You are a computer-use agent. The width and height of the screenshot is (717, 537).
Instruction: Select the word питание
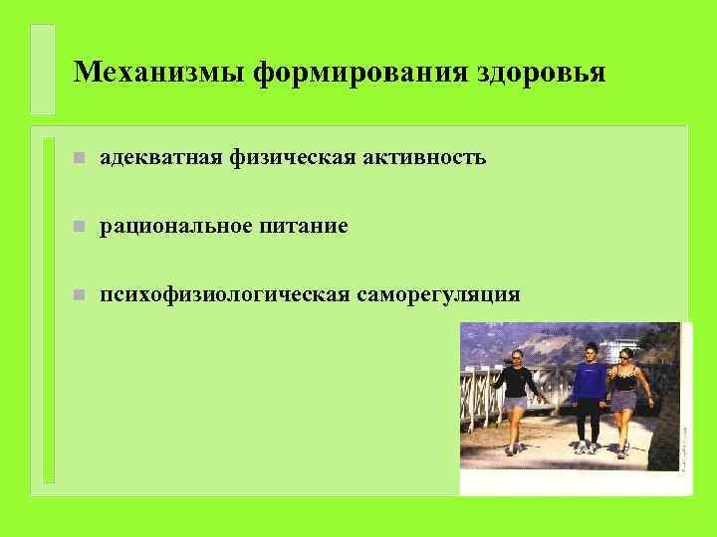(x=304, y=226)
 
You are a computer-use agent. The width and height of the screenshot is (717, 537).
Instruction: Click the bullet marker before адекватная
(x=66, y=157)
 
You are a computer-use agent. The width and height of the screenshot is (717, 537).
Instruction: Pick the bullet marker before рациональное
(x=66, y=227)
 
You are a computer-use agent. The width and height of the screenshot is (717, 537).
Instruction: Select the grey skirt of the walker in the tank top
(x=624, y=400)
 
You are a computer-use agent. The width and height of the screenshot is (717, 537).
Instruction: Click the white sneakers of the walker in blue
(x=586, y=448)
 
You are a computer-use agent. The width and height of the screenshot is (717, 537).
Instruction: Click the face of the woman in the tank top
(x=624, y=355)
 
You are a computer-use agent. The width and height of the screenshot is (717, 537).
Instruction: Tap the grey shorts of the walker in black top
(x=515, y=403)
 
